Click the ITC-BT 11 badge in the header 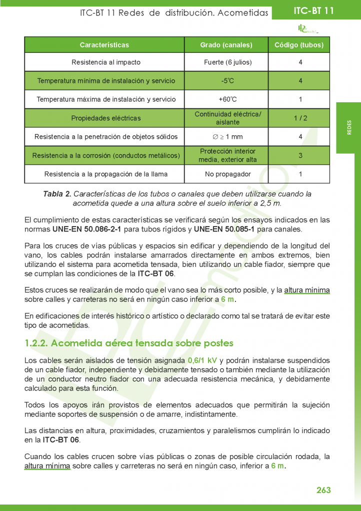[x=313, y=11]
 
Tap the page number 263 [x=323, y=490]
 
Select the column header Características [x=104, y=45]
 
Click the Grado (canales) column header [x=226, y=45]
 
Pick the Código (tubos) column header [x=299, y=45]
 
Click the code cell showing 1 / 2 [x=300, y=118]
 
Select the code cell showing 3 [x=300, y=155]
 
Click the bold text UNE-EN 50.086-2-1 [x=83, y=230]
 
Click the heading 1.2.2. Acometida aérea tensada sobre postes [x=129, y=343]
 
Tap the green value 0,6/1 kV [x=202, y=360]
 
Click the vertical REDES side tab [x=349, y=128]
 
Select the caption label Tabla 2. [x=57, y=194]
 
